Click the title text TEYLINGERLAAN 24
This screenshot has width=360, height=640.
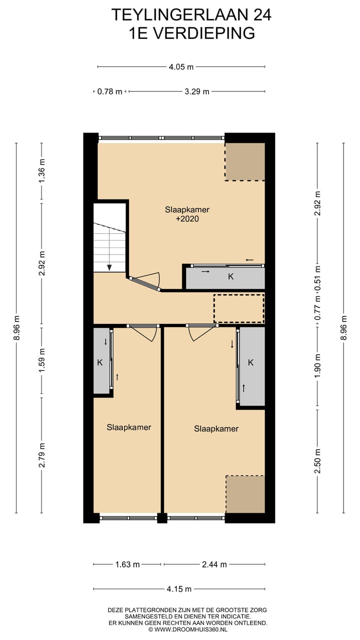click(191, 15)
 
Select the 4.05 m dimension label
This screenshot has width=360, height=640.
click(181, 66)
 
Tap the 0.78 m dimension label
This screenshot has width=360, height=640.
click(109, 91)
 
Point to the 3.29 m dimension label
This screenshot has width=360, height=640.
click(196, 91)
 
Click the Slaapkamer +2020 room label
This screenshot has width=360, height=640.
click(187, 214)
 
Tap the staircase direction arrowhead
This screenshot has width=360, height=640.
click(109, 267)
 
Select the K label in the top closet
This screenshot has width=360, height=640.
click(230, 276)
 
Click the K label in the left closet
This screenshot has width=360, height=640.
click(99, 362)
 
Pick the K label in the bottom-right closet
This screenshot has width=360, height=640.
click(250, 362)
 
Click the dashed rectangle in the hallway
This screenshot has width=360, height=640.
click(238, 308)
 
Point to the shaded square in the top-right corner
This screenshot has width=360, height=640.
click(244, 161)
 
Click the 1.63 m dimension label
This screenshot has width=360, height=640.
click(127, 564)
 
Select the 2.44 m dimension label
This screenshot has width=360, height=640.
click(214, 564)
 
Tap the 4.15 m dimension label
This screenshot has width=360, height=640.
click(179, 589)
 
